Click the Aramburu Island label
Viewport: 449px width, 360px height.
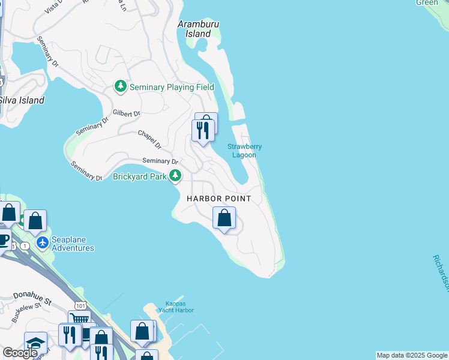[x=197, y=29]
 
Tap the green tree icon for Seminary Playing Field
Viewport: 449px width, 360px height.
[x=121, y=87]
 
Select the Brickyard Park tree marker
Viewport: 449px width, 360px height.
[x=175, y=176]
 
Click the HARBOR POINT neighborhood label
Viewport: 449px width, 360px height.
[x=218, y=199]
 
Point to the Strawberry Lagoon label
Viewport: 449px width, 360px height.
[x=244, y=151]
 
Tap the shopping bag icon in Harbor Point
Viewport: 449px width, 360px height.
[x=224, y=218]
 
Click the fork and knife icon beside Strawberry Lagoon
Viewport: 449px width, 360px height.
[x=202, y=130]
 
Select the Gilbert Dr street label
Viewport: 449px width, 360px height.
[x=127, y=113]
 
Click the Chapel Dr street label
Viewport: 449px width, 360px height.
[x=150, y=139]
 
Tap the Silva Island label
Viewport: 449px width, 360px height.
[x=22, y=100]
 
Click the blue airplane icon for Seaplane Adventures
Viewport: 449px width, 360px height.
[x=42, y=243]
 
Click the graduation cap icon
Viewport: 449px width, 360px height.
[x=35, y=343]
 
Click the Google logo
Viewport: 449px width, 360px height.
[x=20, y=353]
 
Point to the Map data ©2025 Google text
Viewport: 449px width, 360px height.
[x=412, y=355]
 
